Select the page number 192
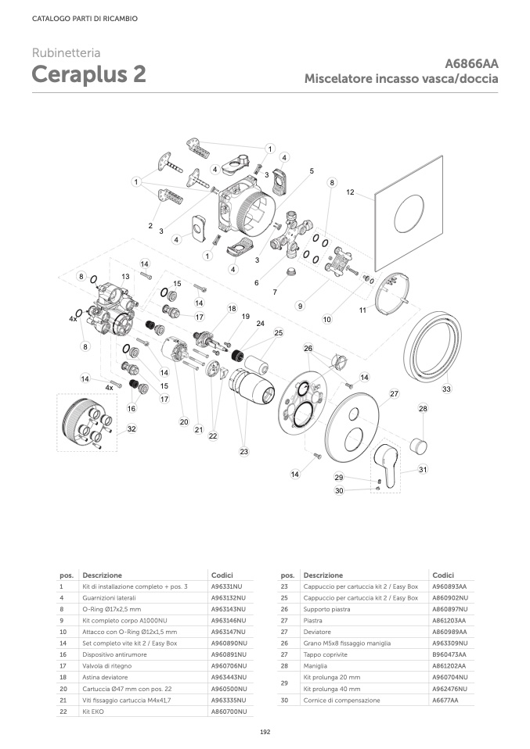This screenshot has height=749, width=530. point(265,731)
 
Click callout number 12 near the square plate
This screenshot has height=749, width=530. point(350,192)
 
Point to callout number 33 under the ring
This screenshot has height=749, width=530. point(447,389)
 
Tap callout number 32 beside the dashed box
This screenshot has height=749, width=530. point(132,428)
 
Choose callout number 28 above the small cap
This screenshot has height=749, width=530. point(423,408)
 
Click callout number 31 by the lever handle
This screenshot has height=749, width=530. point(423,469)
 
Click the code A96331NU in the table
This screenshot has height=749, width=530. point(227,586)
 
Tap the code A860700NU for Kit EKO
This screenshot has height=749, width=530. point(229,711)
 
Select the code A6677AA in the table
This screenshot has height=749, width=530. point(445,700)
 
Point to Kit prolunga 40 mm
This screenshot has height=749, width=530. point(332,689)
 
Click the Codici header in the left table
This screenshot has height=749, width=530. point(222,574)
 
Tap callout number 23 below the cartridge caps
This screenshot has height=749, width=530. point(243,451)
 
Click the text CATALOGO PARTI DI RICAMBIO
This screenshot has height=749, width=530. point(74,18)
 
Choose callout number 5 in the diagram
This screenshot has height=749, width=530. point(312,170)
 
